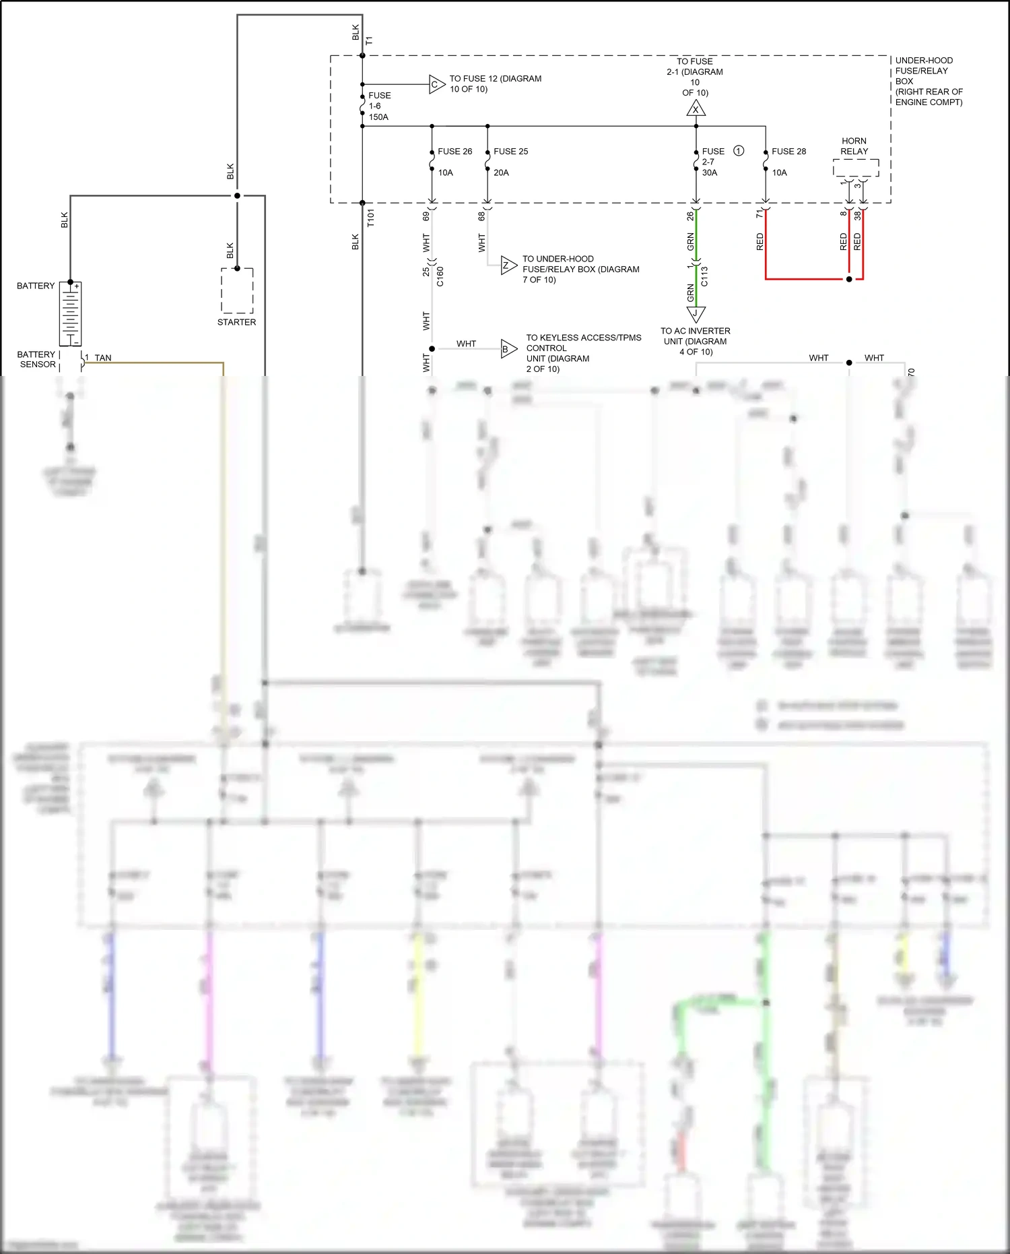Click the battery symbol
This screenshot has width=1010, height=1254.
[70, 314]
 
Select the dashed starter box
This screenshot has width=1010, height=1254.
[237, 291]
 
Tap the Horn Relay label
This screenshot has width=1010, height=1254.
[854, 146]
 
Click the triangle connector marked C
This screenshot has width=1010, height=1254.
[436, 84]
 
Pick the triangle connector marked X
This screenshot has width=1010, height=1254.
[696, 109]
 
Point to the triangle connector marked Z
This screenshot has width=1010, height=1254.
[508, 265]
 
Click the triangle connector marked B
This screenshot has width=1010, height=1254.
[508, 349]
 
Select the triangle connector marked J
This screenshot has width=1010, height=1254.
[696, 313]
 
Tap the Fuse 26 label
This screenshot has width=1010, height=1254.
[454, 152]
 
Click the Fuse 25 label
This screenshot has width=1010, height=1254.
[510, 152]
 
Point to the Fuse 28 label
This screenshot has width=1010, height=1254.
[788, 152]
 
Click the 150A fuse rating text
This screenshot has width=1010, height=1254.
[378, 117]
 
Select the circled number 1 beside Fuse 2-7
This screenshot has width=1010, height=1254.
[739, 151]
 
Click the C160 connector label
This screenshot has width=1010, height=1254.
[440, 276]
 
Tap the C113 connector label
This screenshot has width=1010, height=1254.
[704, 276]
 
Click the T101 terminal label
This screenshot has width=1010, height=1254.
[370, 218]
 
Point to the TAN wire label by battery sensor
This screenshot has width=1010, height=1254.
[103, 358]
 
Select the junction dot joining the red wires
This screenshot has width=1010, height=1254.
[849, 279]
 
